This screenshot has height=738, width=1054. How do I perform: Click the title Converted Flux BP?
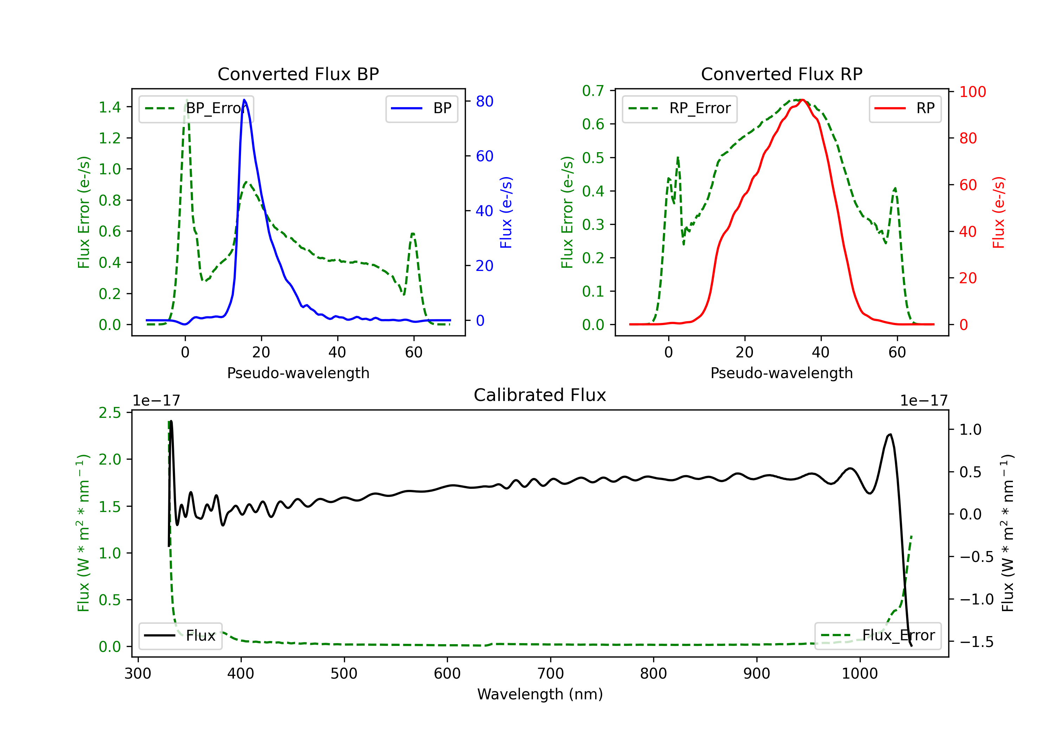pyautogui.click(x=298, y=74)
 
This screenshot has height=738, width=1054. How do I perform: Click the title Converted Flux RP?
pyautogui.click(x=782, y=74)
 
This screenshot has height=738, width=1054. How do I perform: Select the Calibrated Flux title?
pyautogui.click(x=540, y=395)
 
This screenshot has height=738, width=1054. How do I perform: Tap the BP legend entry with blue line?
pyautogui.click(x=421, y=108)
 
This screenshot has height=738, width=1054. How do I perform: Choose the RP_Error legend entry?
pyautogui.click(x=679, y=108)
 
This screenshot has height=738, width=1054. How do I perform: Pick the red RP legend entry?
pyautogui.click(x=905, y=108)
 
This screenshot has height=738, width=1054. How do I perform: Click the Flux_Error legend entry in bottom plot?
pyautogui.click(x=878, y=636)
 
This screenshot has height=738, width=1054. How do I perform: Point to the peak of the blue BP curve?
pyautogui.click(x=244, y=100)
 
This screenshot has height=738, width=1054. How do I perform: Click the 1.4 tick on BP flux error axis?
pyautogui.click(x=110, y=108)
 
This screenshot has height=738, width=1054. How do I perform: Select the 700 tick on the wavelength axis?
pyautogui.click(x=551, y=674)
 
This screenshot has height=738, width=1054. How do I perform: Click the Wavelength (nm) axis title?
pyautogui.click(x=540, y=694)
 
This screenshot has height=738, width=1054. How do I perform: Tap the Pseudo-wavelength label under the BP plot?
pyautogui.click(x=298, y=373)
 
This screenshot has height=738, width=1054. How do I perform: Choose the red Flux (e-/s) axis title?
pyautogui.click(x=999, y=213)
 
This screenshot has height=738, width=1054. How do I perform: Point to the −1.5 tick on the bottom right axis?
pyautogui.click(x=976, y=642)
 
